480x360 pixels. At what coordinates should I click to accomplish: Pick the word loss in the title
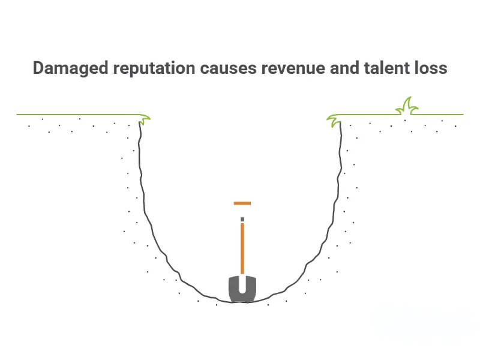point(430,68)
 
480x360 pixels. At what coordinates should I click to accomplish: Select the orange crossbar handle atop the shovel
point(242,203)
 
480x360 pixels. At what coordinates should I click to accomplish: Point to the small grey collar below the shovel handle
point(242,218)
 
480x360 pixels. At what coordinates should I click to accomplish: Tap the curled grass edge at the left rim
point(144,117)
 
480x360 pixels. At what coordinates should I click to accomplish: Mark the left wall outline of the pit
point(143,192)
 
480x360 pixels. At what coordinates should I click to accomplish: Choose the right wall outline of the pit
point(340,192)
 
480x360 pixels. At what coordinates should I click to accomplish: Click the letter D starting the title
point(38,68)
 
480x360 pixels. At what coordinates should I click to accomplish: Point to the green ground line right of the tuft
point(441,114)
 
